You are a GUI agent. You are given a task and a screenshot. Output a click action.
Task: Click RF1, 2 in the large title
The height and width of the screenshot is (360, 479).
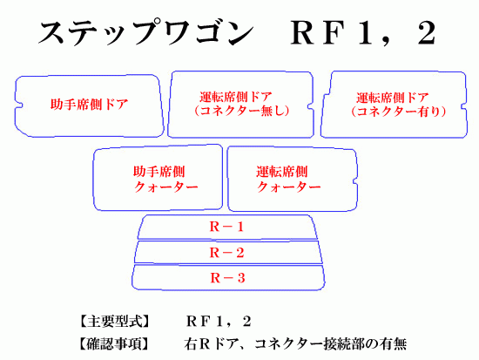(x=363, y=32)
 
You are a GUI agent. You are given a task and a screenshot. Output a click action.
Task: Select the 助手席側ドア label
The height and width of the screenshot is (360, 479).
(x=89, y=105)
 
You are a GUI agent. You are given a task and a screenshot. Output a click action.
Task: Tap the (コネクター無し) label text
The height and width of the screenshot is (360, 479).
(x=241, y=111)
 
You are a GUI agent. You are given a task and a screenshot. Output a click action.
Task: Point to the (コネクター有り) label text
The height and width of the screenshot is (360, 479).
(x=399, y=112)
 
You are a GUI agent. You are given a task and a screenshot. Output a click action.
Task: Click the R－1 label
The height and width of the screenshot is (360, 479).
(x=226, y=227)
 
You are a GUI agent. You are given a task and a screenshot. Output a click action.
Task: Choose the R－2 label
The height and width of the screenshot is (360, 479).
(x=226, y=253)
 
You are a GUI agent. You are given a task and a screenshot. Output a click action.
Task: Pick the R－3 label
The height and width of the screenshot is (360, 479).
(x=227, y=278)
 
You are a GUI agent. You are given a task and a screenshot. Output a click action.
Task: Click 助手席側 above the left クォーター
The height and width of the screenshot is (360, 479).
(x=159, y=172)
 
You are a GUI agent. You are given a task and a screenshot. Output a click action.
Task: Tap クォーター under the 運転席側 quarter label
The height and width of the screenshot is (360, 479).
(x=288, y=187)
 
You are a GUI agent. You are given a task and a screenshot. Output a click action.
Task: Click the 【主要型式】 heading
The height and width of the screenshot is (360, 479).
(x=115, y=322)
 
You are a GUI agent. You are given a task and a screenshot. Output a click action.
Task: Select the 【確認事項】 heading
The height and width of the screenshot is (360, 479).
(x=115, y=343)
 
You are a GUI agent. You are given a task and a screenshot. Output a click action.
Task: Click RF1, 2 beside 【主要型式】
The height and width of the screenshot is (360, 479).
(x=219, y=322)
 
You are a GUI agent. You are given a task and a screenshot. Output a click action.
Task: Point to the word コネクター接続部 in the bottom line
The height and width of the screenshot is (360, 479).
(x=309, y=343)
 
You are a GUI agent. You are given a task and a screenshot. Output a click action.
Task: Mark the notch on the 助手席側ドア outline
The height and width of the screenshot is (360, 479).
(x=19, y=105)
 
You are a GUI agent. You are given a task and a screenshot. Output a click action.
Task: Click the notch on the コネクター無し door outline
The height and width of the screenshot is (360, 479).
(x=311, y=106)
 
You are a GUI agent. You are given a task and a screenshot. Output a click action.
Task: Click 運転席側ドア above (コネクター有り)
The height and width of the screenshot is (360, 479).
(x=393, y=98)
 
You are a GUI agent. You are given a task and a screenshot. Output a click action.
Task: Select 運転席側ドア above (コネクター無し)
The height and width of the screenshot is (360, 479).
(x=235, y=98)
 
